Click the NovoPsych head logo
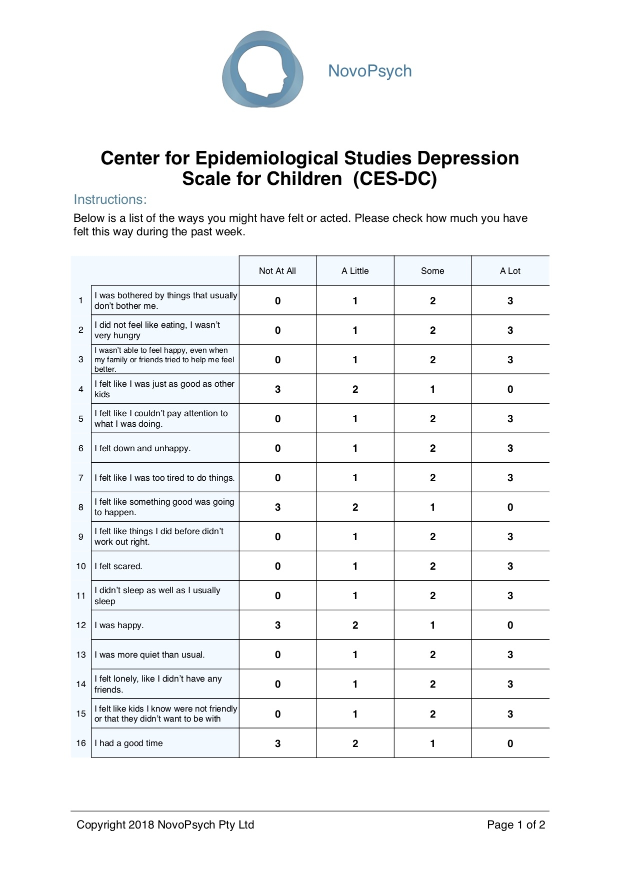click(x=262, y=69)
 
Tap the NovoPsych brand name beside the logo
click(x=369, y=71)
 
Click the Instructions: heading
click(x=110, y=199)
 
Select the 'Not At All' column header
click(x=277, y=271)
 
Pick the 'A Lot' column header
click(x=510, y=271)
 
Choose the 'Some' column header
click(x=432, y=271)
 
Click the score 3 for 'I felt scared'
click(x=510, y=566)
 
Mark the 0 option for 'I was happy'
click(x=510, y=625)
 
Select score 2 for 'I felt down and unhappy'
click(x=432, y=448)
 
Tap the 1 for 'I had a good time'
click(x=432, y=744)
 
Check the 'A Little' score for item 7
click(x=355, y=478)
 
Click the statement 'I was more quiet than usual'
click(x=149, y=655)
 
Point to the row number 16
click(x=81, y=743)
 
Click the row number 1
click(x=80, y=300)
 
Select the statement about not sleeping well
click(x=157, y=596)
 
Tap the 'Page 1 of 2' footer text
click(x=516, y=825)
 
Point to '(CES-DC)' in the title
click(x=394, y=178)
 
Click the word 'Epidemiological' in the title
click(x=267, y=158)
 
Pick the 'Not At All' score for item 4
click(x=277, y=389)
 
